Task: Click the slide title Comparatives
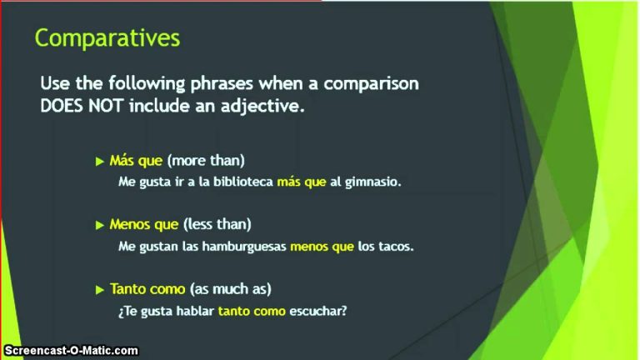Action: point(107,39)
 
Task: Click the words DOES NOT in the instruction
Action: point(82,106)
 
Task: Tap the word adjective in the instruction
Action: point(262,107)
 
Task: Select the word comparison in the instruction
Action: point(372,84)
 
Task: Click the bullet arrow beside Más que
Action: point(100,161)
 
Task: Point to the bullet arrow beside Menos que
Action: point(100,225)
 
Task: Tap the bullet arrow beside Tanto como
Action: point(100,290)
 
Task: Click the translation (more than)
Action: point(206,160)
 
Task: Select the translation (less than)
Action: point(217,224)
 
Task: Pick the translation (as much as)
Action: point(231,289)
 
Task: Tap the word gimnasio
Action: point(373,182)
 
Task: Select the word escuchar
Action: point(318,311)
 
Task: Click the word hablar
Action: point(195,311)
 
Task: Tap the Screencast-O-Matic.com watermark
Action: point(71,351)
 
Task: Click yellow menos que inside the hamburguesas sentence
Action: point(322,247)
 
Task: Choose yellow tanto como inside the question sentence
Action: point(252,312)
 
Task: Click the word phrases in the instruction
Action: point(222,84)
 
